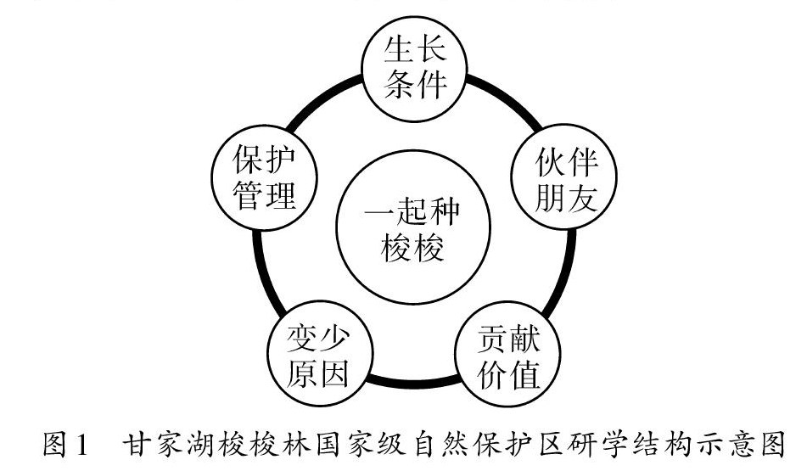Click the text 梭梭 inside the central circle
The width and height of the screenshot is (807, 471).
[413, 249]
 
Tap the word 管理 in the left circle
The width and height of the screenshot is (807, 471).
[264, 198]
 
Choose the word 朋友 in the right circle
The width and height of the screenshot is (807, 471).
[565, 198]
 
